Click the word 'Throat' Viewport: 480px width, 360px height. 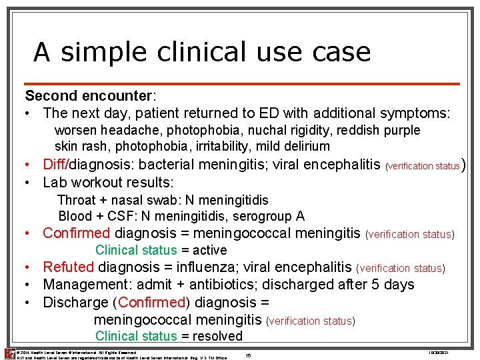77,200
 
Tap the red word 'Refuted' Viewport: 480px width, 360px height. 69,267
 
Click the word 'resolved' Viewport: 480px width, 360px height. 218,337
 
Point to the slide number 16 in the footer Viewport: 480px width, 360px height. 248,355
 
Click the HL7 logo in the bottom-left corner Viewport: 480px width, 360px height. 9,354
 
